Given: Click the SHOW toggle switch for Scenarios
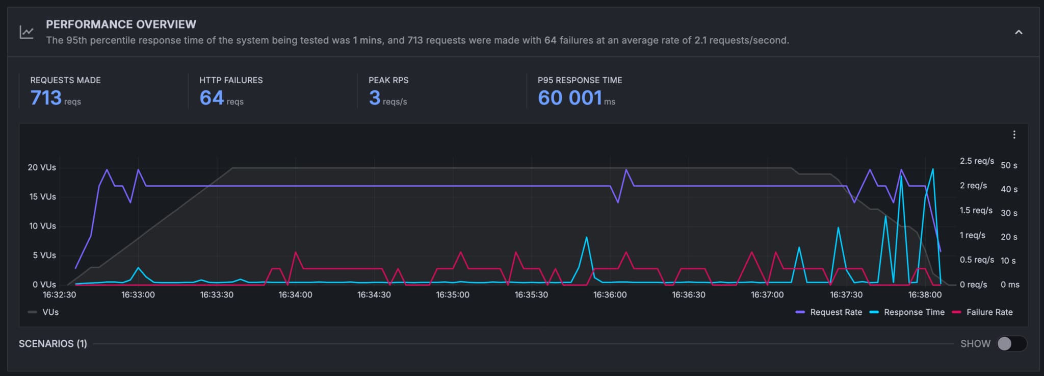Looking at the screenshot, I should click(x=1011, y=343).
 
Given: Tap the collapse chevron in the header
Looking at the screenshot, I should click(x=1019, y=32).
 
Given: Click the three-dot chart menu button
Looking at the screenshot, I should click(x=1014, y=135).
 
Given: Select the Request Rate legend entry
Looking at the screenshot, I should click(x=829, y=312).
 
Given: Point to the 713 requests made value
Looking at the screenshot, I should click(x=46, y=97).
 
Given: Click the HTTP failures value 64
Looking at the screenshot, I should click(x=212, y=97).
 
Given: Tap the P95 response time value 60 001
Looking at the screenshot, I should click(x=570, y=97).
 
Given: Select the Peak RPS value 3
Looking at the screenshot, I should click(x=375, y=97).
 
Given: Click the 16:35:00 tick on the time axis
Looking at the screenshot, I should click(x=453, y=295).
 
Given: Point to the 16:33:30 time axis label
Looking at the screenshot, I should click(x=217, y=295).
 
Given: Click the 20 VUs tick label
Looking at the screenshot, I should click(x=42, y=167).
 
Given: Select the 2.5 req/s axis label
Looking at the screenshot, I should click(x=977, y=161).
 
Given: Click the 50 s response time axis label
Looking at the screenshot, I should click(x=1009, y=165).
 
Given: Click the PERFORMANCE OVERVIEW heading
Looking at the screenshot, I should click(x=121, y=24).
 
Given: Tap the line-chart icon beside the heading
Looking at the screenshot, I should click(x=27, y=32).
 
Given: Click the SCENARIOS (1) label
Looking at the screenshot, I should click(x=53, y=343).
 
